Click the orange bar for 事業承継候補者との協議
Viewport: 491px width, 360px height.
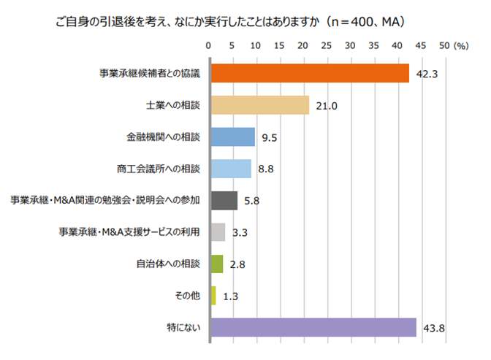coord(309,74)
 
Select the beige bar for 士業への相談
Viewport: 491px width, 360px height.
coord(259,105)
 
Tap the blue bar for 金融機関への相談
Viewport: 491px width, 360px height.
coord(232,137)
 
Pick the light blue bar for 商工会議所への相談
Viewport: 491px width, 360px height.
coord(231,169)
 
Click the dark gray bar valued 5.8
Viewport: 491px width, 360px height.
coord(224,200)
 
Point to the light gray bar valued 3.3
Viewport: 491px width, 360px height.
coord(218,232)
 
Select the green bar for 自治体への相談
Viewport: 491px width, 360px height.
coord(216,264)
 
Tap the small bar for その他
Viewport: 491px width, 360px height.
coord(213,296)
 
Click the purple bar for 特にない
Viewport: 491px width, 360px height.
coord(313,327)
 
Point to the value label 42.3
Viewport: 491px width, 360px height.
coord(426,74)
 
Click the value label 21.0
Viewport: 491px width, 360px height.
coord(326,106)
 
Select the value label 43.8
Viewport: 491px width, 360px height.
coord(433,328)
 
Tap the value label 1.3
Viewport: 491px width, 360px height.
coord(229,296)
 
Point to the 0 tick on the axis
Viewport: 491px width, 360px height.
coord(210,45)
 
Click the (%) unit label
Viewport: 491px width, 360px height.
coord(461,45)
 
